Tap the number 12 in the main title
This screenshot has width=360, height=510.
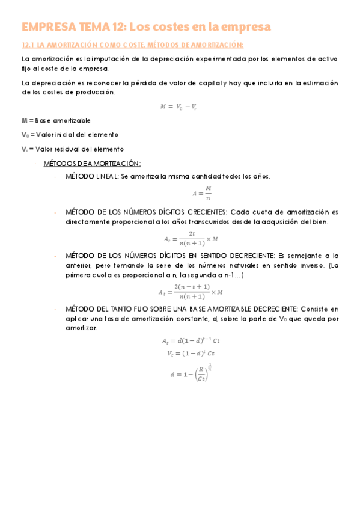(x=118, y=27)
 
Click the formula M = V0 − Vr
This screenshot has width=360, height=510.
(x=178, y=106)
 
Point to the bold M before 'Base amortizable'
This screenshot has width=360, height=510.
(x=24, y=120)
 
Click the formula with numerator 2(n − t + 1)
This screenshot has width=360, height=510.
(x=191, y=292)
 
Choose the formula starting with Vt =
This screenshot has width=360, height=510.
(x=191, y=354)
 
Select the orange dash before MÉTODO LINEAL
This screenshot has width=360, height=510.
(x=55, y=177)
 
